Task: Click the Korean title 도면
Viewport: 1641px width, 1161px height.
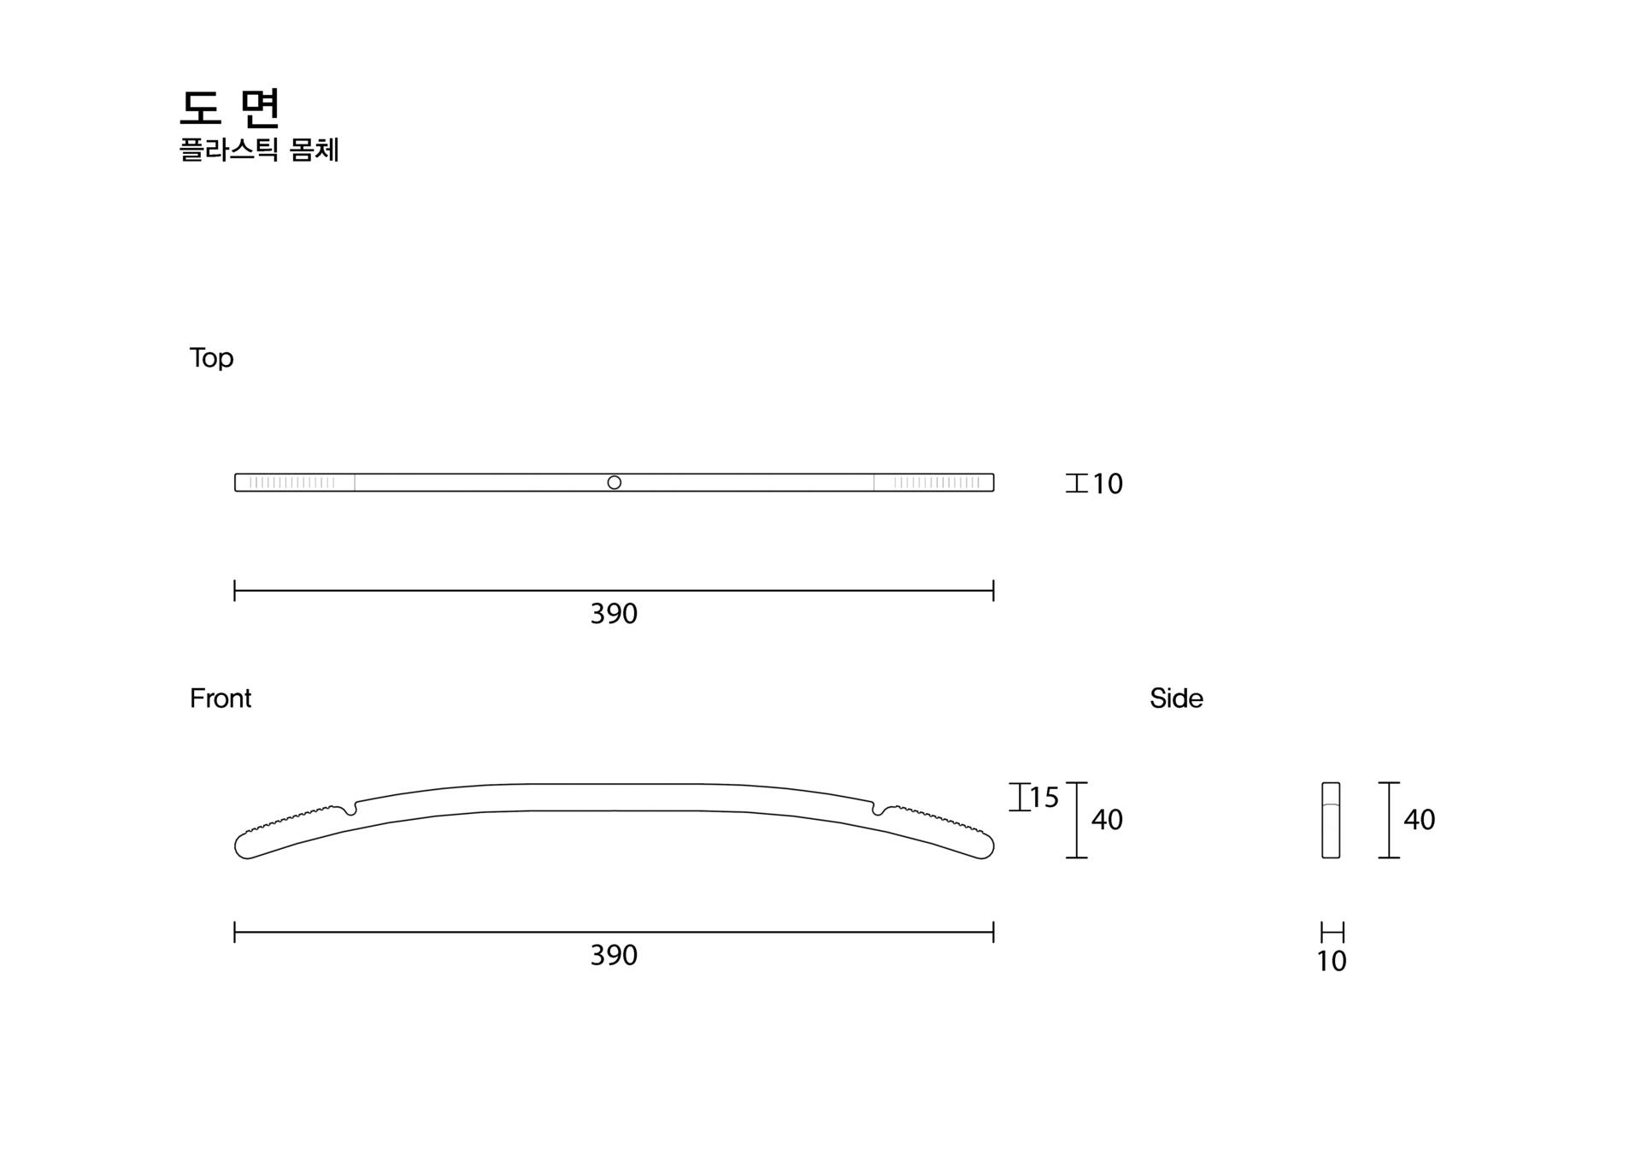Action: click(x=230, y=108)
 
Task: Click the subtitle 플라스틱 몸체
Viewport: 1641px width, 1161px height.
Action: click(x=259, y=150)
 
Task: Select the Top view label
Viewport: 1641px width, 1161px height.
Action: click(x=211, y=358)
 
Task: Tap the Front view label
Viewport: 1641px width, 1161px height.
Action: click(x=221, y=698)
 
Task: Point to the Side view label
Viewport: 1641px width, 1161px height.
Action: click(x=1176, y=698)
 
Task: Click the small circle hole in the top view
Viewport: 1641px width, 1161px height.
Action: click(x=614, y=482)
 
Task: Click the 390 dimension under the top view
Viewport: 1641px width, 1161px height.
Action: click(x=614, y=614)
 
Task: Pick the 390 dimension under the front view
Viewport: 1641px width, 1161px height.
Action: click(x=614, y=955)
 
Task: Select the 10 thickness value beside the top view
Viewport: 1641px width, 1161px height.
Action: click(x=1108, y=484)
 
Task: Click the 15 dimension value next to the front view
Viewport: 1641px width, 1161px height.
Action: click(x=1044, y=798)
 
